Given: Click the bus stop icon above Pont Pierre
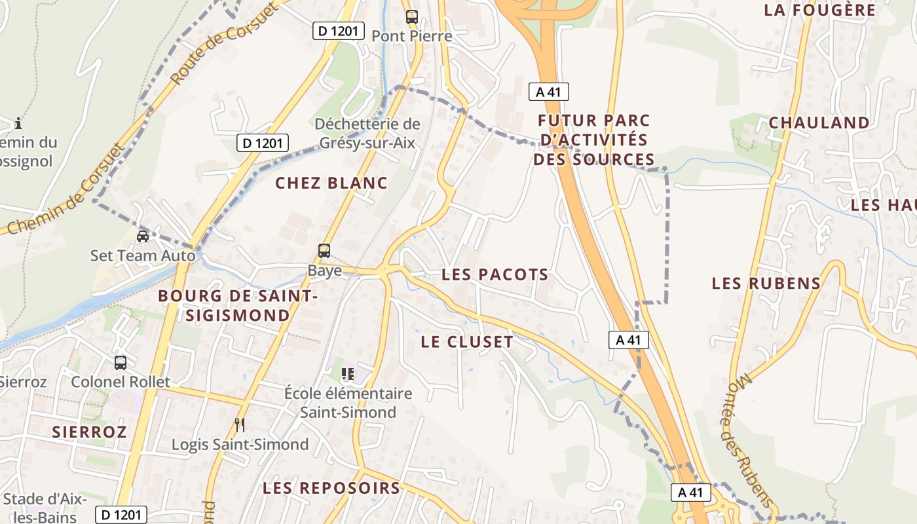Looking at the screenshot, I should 411,17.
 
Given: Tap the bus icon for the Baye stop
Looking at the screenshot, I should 324,250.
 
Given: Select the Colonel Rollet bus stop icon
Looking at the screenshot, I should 120,362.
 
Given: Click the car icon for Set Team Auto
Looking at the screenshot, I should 142,236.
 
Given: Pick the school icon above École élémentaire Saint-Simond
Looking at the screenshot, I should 348,374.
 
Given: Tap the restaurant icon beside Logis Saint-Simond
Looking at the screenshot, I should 240,425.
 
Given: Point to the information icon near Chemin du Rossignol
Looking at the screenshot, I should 18,122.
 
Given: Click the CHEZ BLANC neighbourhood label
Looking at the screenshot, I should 331,183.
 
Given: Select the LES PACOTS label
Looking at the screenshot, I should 495,275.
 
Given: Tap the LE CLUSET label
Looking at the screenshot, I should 467,342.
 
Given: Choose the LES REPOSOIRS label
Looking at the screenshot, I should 331,488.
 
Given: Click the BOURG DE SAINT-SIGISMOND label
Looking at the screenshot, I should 238,306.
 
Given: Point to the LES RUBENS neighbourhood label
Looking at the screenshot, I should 766,284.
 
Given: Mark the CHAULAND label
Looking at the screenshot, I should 819,122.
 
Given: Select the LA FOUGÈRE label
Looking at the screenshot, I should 819,10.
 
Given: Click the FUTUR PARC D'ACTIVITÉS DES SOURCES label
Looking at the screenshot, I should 593,140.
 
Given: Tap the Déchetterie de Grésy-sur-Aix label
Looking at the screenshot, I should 367,133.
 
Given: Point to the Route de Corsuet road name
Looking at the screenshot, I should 214,48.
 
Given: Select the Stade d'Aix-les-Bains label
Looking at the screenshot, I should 45,508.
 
